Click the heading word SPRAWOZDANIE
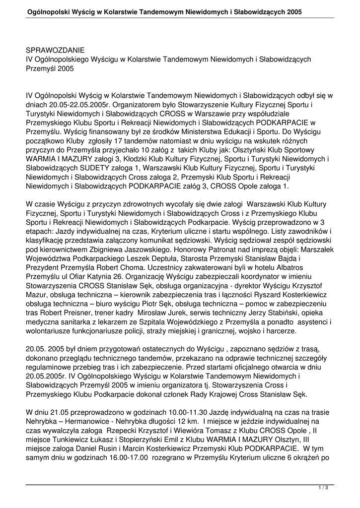(55, 50)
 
